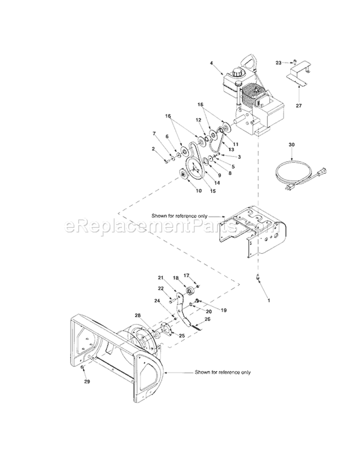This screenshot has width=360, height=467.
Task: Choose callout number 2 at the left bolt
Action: point(154,149)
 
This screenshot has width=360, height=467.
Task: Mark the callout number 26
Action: point(208,319)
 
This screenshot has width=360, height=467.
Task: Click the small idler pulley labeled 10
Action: point(184,174)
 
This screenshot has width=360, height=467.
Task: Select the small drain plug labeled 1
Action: point(258,277)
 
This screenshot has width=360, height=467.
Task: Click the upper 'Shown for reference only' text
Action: point(180,216)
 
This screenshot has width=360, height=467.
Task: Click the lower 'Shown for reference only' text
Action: point(223,372)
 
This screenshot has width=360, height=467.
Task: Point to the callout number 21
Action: point(161,278)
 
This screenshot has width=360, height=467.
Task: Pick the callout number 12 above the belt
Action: point(198,120)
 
